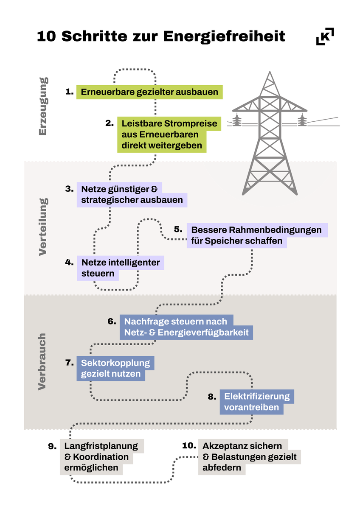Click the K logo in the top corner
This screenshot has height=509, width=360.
tap(325, 36)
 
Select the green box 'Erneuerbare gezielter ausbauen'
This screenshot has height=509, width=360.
tap(149, 92)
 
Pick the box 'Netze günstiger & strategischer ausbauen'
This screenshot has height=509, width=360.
tap(132, 195)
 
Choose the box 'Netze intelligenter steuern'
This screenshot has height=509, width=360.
tap(120, 268)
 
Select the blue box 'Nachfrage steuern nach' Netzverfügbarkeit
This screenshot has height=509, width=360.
tap(186, 327)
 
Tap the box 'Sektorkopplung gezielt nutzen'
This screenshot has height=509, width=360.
tap(115, 369)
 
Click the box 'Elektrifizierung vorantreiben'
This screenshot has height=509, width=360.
tap(256, 402)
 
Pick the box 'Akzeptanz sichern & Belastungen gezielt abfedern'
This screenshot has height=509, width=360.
tap(249, 457)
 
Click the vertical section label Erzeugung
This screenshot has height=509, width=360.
tap(43, 106)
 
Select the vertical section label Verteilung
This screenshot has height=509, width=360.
tap(43, 227)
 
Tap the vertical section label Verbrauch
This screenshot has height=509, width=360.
tap(42, 361)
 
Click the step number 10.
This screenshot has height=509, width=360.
tap(189, 446)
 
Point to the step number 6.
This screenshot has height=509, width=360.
tap(112, 321)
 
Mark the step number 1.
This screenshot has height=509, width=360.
tap(70, 91)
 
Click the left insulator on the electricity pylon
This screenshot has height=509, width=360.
tap(236, 120)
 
